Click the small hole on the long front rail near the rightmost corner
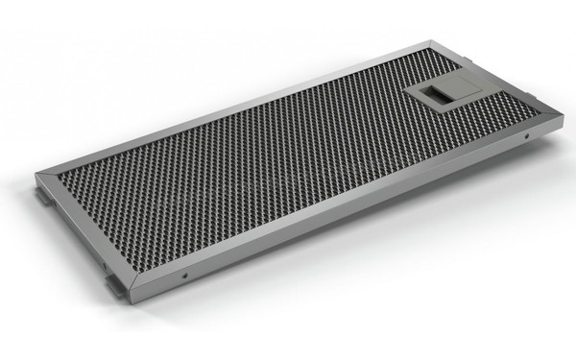coord(527,137)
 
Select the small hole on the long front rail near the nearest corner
coord(183,278)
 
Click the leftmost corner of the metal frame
coord(36,177)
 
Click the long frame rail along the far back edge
coord(240,106)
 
